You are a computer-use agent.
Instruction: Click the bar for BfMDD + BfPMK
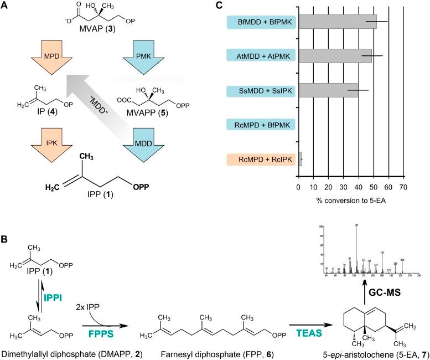(337, 22)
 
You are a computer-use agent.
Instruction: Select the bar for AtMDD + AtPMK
(335, 56)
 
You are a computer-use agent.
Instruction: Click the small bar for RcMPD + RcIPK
(300, 159)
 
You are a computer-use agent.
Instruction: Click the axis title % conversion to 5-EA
(346, 200)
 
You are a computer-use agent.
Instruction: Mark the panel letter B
(4, 226)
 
